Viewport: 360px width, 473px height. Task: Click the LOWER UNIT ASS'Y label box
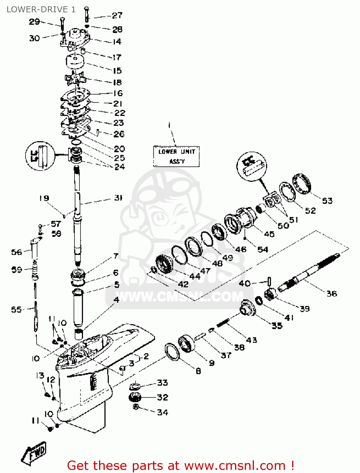pyautogui.click(x=176, y=156)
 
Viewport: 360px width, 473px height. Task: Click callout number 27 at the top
pyautogui.click(x=117, y=15)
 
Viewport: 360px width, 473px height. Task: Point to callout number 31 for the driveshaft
pyautogui.click(x=118, y=198)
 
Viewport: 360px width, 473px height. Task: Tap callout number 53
pyautogui.click(x=327, y=201)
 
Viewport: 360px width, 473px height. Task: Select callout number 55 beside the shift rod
pyautogui.click(x=16, y=310)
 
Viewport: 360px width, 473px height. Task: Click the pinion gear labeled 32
pyautogui.click(x=135, y=397)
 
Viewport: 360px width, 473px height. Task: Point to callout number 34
pyautogui.click(x=162, y=412)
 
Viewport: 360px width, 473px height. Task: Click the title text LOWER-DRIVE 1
pyautogui.click(x=41, y=9)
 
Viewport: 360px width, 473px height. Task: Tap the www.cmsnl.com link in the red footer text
pyautogui.click(x=235, y=465)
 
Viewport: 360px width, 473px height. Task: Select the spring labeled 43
pyautogui.click(x=223, y=323)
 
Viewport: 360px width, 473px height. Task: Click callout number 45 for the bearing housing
pyautogui.click(x=269, y=234)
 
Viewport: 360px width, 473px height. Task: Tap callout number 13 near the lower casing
pyautogui.click(x=40, y=376)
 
